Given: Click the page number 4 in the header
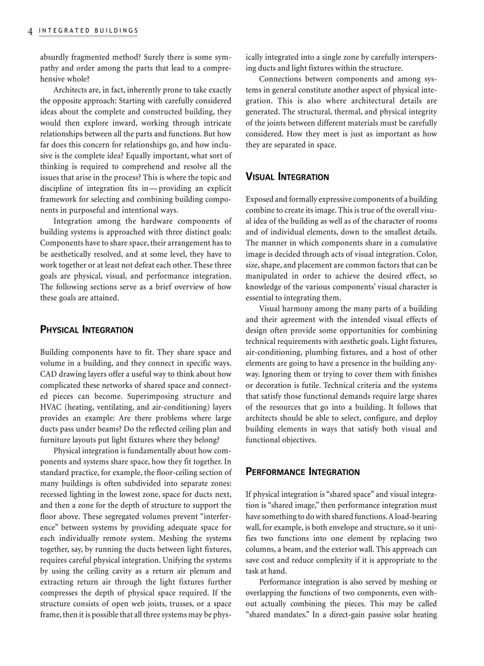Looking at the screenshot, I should (30, 31).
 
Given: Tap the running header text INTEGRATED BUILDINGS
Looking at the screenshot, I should (88, 31).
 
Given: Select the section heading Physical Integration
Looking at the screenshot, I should (86, 330).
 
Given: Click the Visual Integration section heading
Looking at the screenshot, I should (287, 177).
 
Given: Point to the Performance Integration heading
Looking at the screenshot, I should (302, 472).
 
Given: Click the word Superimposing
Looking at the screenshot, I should (132, 396).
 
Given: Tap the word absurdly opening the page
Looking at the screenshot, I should (56, 57).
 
